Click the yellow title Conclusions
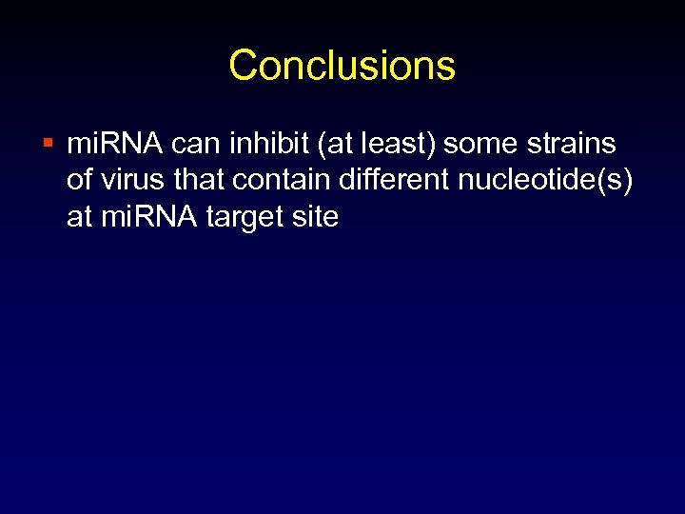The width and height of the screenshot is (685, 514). pos(342,66)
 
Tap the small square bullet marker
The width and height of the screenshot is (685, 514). pos(49,145)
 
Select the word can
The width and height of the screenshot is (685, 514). pos(184,145)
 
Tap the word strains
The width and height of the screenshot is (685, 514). pos(569,145)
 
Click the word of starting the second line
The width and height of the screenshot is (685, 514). pos(80,181)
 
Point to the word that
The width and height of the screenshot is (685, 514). pos(193,181)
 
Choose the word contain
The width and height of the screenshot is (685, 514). pos(277,181)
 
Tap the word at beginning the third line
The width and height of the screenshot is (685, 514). pos(79,218)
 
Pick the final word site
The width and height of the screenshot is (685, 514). pos(316,218)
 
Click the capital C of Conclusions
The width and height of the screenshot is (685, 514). pos(243,66)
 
